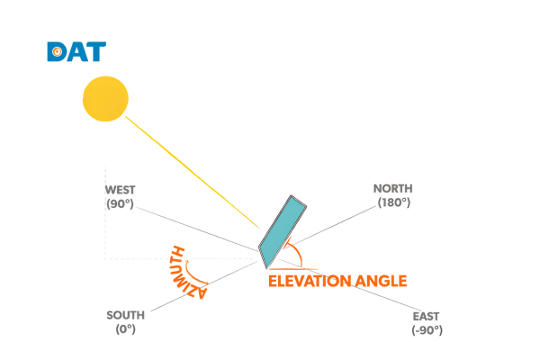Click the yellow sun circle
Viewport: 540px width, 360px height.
click(x=105, y=99)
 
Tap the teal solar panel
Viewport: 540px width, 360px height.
click(x=283, y=231)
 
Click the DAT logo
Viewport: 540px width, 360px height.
click(x=76, y=51)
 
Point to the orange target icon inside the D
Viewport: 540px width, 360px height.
click(x=58, y=52)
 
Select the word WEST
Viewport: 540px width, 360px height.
click(x=121, y=190)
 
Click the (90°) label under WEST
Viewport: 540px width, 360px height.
click(x=120, y=203)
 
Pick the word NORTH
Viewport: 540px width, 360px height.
click(x=393, y=188)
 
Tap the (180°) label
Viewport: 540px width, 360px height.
click(x=394, y=202)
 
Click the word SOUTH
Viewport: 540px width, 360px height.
click(x=125, y=315)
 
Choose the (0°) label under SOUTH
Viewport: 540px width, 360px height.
click(x=125, y=329)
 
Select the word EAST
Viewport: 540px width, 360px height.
click(x=426, y=316)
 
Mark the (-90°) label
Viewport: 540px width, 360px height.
click(x=427, y=330)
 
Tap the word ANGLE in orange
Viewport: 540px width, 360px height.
click(x=381, y=281)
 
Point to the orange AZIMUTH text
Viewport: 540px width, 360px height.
click(x=186, y=272)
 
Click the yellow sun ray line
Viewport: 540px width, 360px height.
click(x=193, y=173)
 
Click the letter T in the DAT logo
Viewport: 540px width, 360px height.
click(x=95, y=51)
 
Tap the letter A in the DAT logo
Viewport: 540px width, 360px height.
click(x=76, y=52)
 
